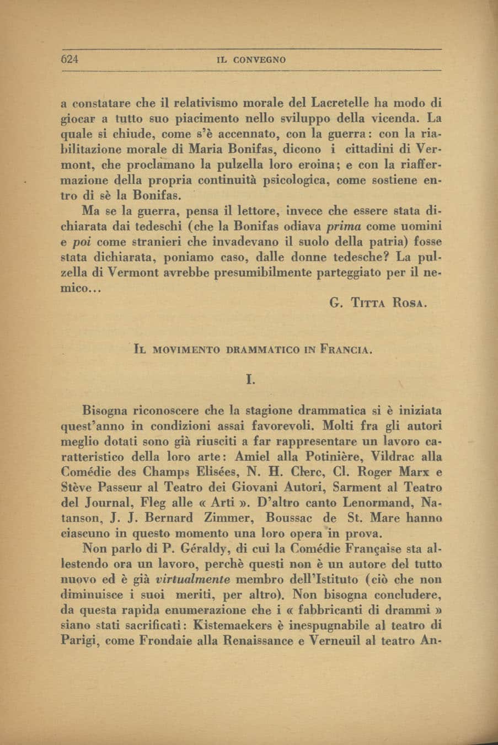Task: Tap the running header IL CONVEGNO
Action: coord(252,60)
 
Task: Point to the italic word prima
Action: coord(344,226)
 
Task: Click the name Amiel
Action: coord(255,457)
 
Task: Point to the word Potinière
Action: coord(331,457)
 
